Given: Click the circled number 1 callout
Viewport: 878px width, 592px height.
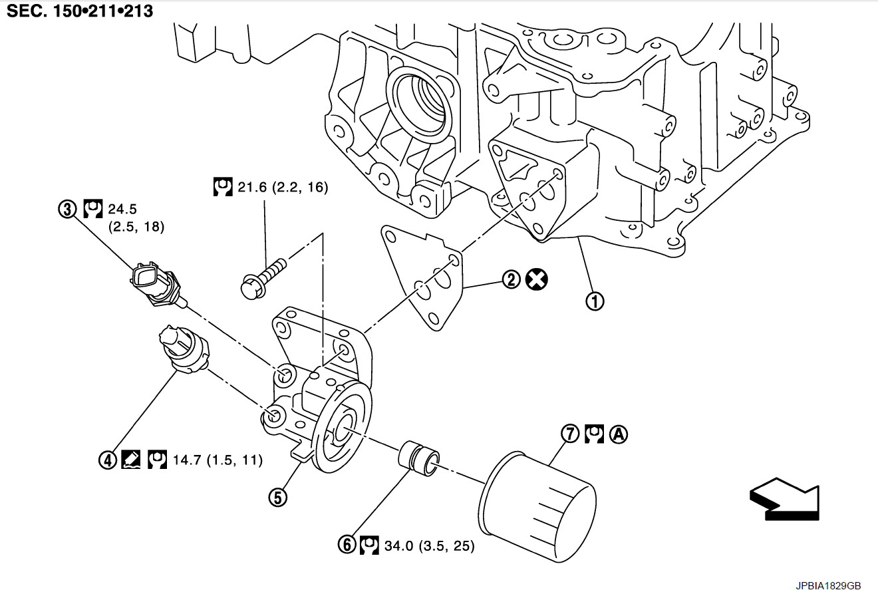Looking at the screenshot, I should coord(595,301).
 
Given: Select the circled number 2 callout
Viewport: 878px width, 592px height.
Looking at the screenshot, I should coord(511,279).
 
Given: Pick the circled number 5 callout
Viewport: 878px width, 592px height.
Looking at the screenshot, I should coord(277,496).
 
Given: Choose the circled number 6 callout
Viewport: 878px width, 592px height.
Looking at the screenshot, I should coord(347,545).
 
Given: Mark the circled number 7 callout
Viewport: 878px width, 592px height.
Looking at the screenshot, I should coord(570,434).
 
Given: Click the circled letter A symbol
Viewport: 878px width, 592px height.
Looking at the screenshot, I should coord(619,434).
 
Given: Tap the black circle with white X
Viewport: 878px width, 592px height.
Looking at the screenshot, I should coord(536,279).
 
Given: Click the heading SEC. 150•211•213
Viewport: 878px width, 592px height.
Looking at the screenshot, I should coord(80,11).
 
